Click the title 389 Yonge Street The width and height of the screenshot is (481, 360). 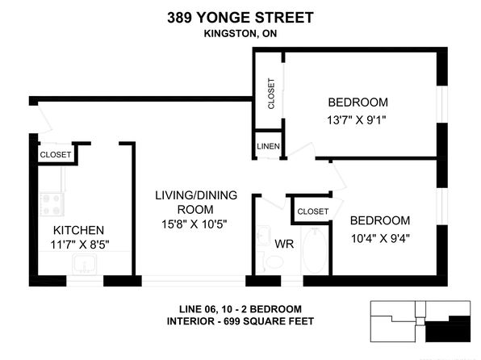(x=240, y=18)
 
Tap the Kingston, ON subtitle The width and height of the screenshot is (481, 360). (x=240, y=33)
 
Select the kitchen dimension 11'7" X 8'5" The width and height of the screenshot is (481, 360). (x=80, y=245)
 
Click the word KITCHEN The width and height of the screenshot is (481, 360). (x=78, y=230)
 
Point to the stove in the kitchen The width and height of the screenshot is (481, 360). (x=52, y=204)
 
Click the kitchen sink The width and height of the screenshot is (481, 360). (x=85, y=265)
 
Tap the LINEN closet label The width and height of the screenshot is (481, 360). (x=268, y=146)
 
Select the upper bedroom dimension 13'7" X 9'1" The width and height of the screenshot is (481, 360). (x=356, y=119)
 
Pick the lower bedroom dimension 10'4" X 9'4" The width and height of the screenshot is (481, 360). (x=380, y=238)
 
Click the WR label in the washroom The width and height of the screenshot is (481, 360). (x=284, y=244)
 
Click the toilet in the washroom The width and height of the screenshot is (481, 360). (x=271, y=262)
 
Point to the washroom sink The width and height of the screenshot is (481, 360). (x=264, y=236)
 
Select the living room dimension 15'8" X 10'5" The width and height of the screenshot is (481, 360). (x=194, y=224)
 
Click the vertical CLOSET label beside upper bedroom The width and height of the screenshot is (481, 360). (x=271, y=94)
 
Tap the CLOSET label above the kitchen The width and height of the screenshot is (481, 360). (x=55, y=155)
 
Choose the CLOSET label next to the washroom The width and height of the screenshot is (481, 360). (x=313, y=211)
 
